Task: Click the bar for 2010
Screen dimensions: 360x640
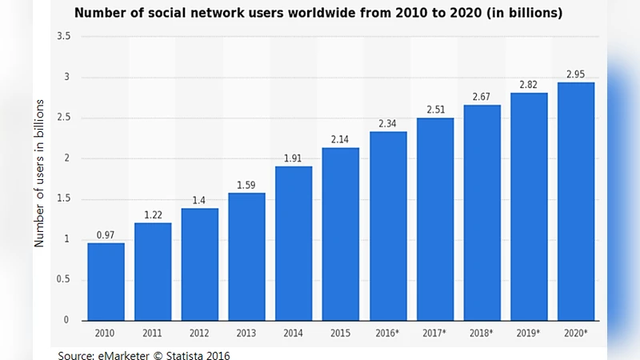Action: click(x=106, y=282)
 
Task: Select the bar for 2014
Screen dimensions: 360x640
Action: click(x=294, y=243)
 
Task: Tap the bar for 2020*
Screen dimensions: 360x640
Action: click(x=576, y=202)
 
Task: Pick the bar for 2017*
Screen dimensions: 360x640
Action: click(x=435, y=219)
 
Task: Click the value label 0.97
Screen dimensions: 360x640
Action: click(x=106, y=234)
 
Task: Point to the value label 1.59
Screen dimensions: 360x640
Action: click(x=246, y=185)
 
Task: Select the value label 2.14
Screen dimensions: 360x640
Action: click(x=341, y=139)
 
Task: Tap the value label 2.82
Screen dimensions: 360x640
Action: click(x=529, y=84)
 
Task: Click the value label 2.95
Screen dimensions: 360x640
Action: click(x=576, y=74)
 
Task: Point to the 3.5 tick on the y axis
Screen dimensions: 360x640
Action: click(x=64, y=37)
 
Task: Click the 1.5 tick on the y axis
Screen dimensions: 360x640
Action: click(x=64, y=199)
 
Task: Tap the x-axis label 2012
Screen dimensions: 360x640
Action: click(x=199, y=332)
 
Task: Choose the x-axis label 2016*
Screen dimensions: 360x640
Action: click(x=388, y=332)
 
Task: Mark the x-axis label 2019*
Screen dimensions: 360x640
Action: click(x=529, y=332)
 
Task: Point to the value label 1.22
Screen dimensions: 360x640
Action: click(x=152, y=214)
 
